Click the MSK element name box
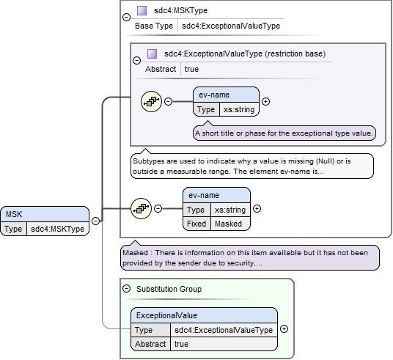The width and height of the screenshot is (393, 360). tap(45, 214)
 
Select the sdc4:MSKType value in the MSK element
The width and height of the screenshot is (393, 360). tap(57, 229)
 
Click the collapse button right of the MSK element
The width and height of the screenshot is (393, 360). tap(95, 221)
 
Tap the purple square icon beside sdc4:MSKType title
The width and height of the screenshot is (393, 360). tap(142, 10)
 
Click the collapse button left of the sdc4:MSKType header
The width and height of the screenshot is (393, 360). tap(127, 17)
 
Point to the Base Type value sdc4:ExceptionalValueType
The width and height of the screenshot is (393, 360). tap(231, 26)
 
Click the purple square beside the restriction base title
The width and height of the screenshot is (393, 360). tap(152, 54)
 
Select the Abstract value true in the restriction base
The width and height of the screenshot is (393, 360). tap(191, 69)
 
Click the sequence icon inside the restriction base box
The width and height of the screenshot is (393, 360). tap(151, 101)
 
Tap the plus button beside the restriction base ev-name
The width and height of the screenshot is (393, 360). tap(265, 101)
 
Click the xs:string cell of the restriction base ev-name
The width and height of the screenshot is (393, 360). tap(239, 109)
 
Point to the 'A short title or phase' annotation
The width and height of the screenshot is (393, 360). tap(284, 133)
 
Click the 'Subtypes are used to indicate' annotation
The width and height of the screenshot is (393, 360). tap(252, 166)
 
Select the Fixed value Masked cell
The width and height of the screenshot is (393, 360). tap(230, 224)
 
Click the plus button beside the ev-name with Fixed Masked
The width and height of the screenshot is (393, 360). tap(257, 208)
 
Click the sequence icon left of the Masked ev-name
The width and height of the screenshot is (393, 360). tap(141, 208)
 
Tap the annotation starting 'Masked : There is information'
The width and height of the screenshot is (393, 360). tap(250, 257)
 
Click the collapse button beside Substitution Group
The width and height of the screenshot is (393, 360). tap(127, 289)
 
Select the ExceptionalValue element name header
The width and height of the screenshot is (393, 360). tap(205, 315)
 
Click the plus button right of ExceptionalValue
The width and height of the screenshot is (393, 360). tap(284, 329)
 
